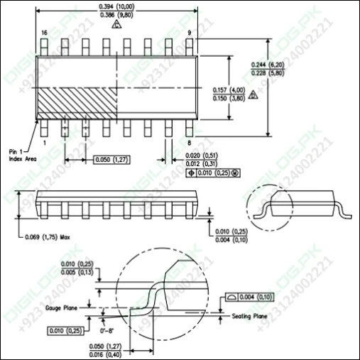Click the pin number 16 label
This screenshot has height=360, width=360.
(44, 33)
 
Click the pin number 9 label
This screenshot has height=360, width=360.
(190, 33)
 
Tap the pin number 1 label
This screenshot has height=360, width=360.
(44, 142)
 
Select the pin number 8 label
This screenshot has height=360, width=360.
(190, 142)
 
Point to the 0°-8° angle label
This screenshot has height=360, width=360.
(109, 330)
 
